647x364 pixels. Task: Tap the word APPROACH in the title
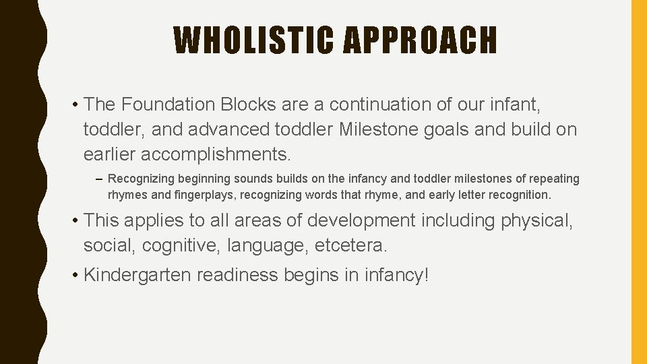click(420, 40)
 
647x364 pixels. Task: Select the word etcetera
click(351, 245)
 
